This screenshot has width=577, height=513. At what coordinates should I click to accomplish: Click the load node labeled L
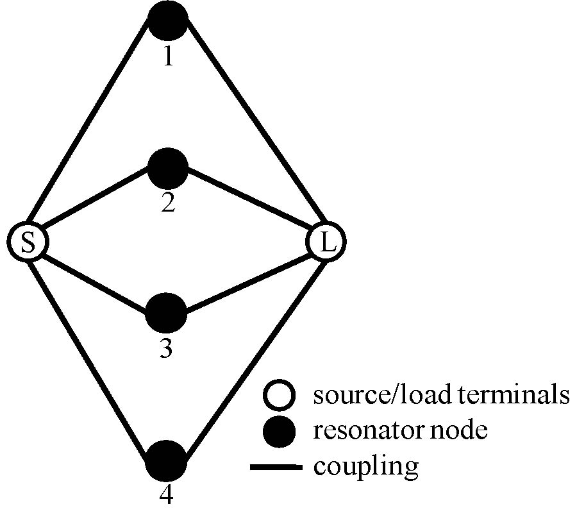pyautogui.click(x=326, y=242)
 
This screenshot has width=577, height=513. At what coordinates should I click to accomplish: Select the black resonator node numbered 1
pyautogui.click(x=168, y=19)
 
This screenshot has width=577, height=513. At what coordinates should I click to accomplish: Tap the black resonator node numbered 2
pyautogui.click(x=168, y=168)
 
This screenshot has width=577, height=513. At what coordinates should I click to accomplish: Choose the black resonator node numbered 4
pyautogui.click(x=166, y=461)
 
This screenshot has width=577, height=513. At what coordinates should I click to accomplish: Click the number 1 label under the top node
pyautogui.click(x=168, y=57)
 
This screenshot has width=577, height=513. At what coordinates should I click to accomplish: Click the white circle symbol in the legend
pyautogui.click(x=280, y=395)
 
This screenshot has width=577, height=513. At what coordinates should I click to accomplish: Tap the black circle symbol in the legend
pyautogui.click(x=280, y=431)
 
